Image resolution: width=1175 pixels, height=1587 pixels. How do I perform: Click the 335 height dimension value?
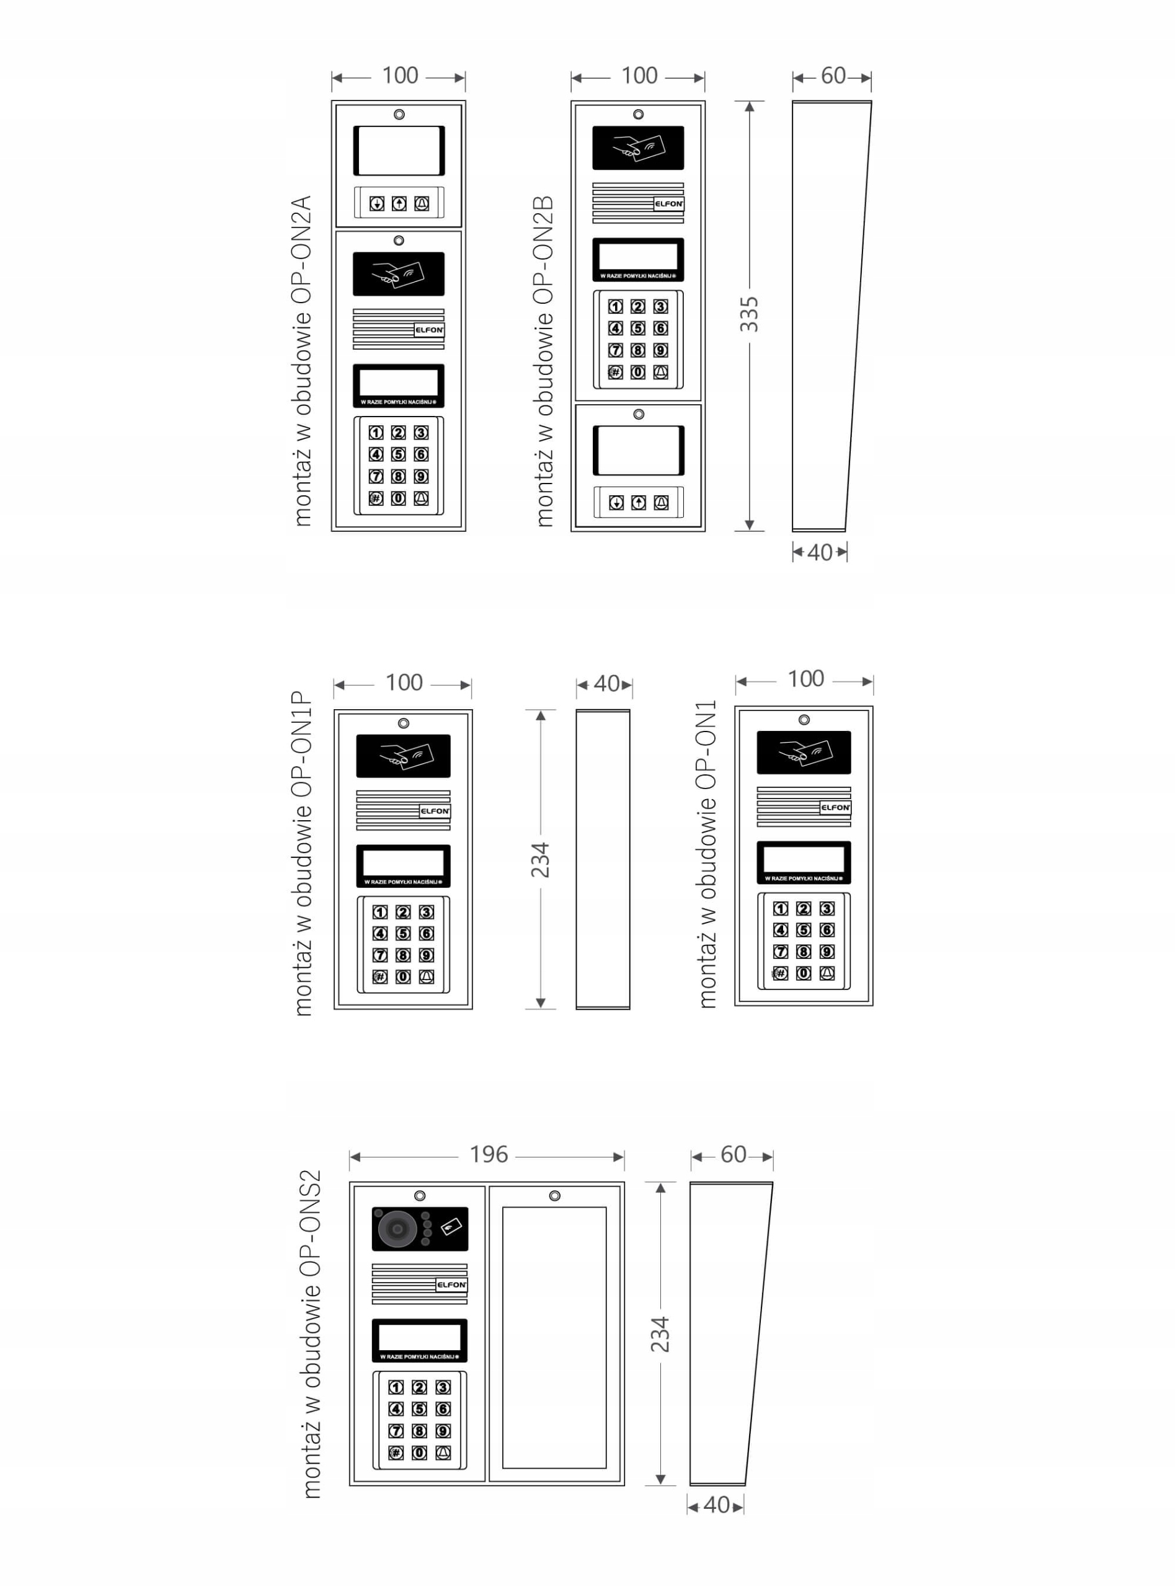(749, 314)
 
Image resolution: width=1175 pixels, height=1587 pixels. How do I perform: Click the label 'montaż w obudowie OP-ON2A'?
(303, 361)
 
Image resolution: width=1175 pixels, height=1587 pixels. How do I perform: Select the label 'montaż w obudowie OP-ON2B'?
(544, 361)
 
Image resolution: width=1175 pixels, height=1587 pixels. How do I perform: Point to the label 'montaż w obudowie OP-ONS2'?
(311, 1334)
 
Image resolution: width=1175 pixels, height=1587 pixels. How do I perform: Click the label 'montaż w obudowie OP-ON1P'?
(303, 853)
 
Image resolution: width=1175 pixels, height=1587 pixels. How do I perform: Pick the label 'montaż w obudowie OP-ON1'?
(707, 853)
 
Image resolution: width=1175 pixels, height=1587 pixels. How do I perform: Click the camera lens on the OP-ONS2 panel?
(396, 1229)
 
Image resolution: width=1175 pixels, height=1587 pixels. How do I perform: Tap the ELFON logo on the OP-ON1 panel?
(835, 808)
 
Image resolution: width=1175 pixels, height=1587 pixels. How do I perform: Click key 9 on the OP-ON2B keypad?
(661, 350)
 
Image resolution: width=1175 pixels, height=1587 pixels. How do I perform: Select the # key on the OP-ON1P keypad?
(380, 977)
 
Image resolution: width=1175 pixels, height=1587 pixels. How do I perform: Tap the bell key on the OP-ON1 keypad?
(827, 973)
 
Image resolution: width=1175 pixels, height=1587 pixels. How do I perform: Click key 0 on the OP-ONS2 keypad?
(420, 1452)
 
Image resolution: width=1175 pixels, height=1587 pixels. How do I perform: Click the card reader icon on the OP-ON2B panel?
(638, 148)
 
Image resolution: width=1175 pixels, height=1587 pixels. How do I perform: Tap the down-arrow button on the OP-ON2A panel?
(377, 204)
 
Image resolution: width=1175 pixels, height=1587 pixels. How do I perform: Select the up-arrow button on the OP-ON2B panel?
(639, 503)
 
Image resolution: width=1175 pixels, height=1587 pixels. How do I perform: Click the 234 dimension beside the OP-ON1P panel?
(541, 860)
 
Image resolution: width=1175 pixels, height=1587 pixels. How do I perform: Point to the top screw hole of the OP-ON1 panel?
(804, 720)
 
